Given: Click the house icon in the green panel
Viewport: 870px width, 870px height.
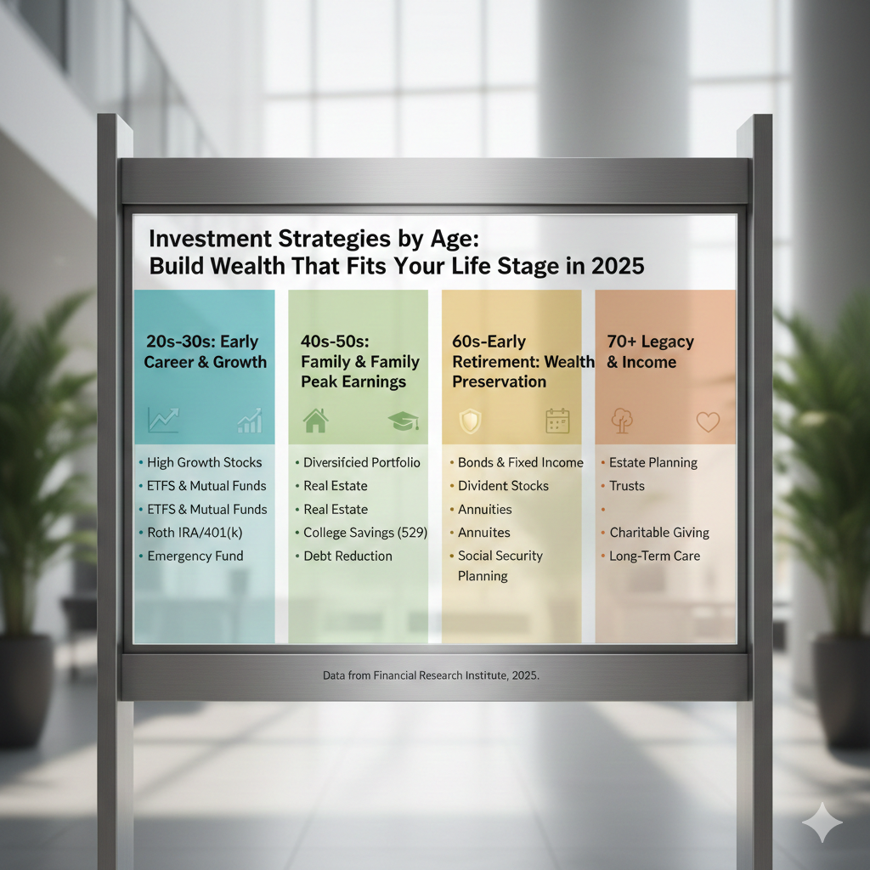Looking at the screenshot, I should pyautogui.click(x=315, y=420).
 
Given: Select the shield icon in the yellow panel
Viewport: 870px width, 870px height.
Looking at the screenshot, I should pyautogui.click(x=469, y=421).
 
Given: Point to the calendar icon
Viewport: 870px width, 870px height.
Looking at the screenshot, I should pyautogui.click(x=557, y=421).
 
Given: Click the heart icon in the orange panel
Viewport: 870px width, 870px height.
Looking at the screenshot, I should pyautogui.click(x=708, y=421).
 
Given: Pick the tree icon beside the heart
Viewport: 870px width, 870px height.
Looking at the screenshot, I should pyautogui.click(x=622, y=421).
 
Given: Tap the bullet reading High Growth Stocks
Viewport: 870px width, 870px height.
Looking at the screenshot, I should pyautogui.click(x=204, y=463).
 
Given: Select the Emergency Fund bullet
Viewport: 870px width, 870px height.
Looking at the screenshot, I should pyautogui.click(x=195, y=556).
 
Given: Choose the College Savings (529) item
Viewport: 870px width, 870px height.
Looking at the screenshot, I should pyautogui.click(x=365, y=533).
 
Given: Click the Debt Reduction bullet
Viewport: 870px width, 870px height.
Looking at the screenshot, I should pyautogui.click(x=347, y=556).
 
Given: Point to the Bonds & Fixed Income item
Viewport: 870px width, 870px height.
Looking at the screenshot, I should pyautogui.click(x=520, y=463).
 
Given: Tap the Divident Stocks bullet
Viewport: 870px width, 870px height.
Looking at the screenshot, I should pyautogui.click(x=503, y=486).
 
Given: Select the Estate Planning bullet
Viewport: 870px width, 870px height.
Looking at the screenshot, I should pyautogui.click(x=652, y=463).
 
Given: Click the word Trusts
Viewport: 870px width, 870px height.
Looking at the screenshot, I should pyautogui.click(x=627, y=486).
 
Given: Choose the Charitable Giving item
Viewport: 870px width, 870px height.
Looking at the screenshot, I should pyautogui.click(x=659, y=533).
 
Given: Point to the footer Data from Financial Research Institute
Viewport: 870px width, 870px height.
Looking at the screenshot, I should pyautogui.click(x=431, y=676).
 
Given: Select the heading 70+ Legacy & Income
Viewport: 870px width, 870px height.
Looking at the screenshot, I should pyautogui.click(x=650, y=352).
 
